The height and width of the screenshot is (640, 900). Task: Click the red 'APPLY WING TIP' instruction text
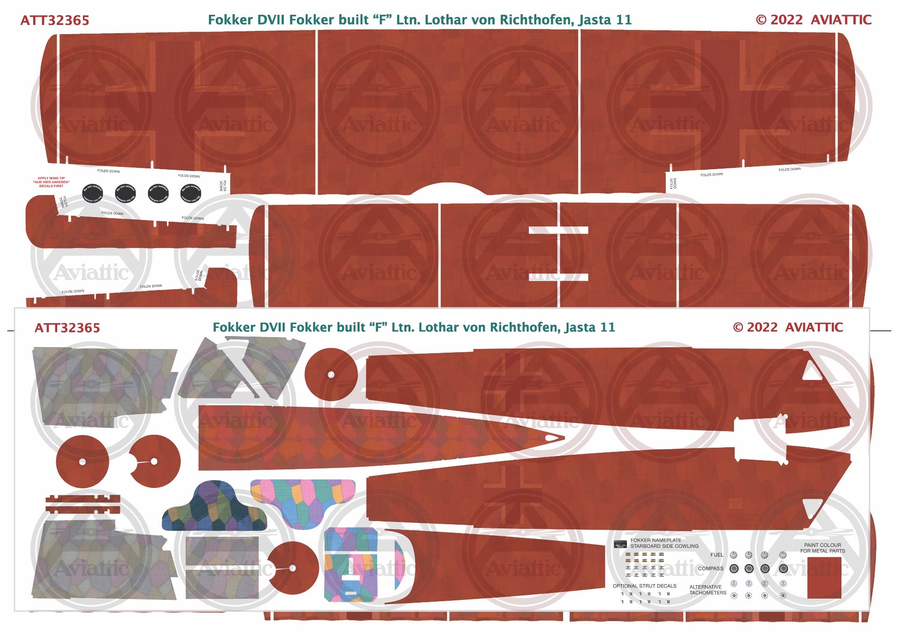52,182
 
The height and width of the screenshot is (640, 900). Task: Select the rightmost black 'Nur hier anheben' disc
190,194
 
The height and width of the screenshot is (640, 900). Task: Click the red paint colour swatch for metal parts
824,578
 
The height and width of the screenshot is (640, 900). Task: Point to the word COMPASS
710,569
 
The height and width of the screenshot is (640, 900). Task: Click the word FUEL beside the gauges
716,555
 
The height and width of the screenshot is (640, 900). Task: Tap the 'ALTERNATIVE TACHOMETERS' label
707,590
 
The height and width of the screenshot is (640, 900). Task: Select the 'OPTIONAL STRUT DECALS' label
644,586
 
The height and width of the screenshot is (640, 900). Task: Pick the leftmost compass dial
734,569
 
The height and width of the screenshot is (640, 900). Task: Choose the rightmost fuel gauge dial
782,555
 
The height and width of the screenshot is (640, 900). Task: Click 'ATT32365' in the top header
55,20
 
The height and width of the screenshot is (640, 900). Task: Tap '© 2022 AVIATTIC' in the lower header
787,327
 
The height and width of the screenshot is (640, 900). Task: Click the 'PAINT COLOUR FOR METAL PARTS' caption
823,548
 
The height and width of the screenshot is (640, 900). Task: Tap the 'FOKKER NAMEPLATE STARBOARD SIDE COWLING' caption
664,543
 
